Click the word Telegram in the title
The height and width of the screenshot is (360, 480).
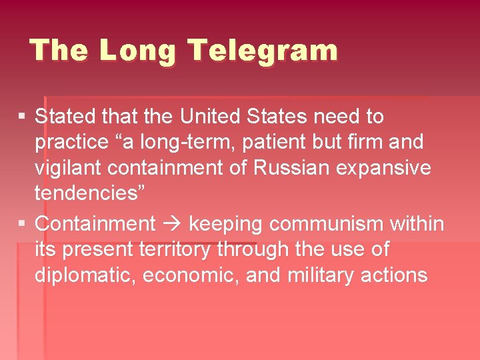coord(263,51)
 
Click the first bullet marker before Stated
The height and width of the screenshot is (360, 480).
coord(22,117)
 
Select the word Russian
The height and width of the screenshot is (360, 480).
coord(291,168)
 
